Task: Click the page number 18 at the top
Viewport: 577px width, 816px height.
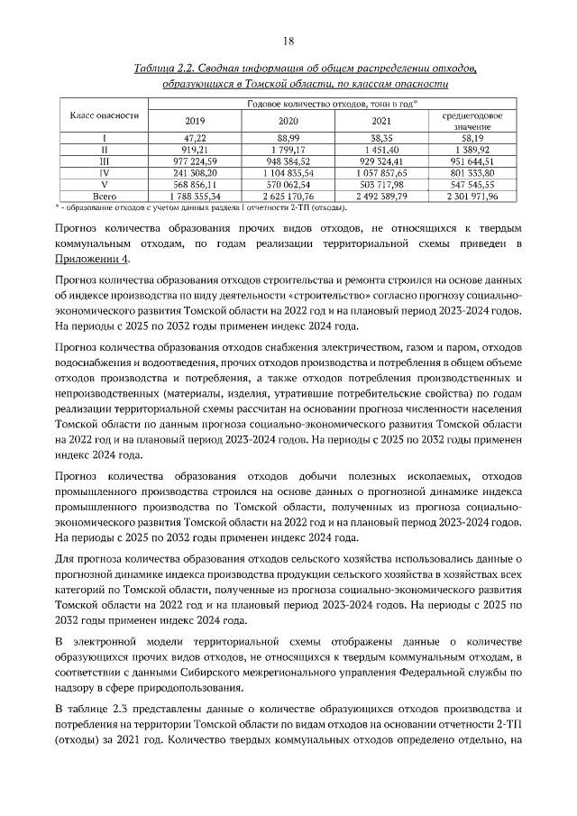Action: point(288,41)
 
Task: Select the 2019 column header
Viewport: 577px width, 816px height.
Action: point(195,121)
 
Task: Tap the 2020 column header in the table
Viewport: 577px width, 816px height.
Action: point(288,121)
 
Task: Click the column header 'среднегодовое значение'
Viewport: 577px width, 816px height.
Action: point(478,122)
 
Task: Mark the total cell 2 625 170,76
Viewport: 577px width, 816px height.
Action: point(288,195)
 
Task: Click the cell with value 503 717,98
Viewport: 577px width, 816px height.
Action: point(382,183)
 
